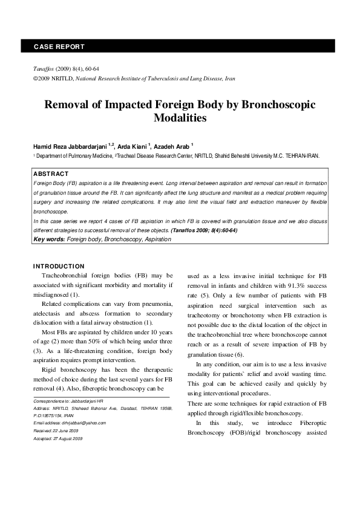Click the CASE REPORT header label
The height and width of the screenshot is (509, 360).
[x=59, y=46]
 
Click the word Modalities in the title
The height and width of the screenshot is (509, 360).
[x=180, y=118]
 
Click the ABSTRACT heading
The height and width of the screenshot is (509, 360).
[x=51, y=173]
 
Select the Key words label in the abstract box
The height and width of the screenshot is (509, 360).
[x=49, y=239]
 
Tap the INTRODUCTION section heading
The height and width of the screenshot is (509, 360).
[x=59, y=266]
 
